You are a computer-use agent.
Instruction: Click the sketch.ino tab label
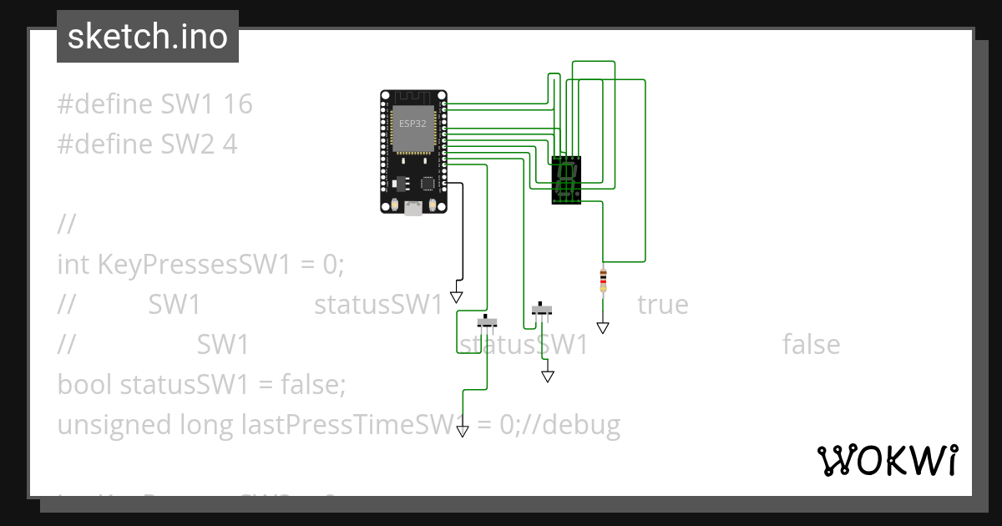(147, 37)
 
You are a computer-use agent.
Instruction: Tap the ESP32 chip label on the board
(411, 124)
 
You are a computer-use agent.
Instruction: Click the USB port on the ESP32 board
(412, 209)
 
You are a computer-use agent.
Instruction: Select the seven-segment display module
(566, 180)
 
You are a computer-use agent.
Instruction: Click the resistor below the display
(603, 281)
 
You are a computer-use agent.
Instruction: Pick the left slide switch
(487, 322)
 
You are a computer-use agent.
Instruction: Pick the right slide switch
(543, 311)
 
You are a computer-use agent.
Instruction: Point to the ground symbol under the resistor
(603, 327)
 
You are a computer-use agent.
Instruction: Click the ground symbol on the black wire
(456, 296)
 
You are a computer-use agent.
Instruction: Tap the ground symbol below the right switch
(548, 377)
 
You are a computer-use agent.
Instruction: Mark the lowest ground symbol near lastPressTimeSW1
(462, 431)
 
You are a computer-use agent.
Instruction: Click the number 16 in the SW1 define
(238, 104)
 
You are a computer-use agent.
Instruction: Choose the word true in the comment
(662, 305)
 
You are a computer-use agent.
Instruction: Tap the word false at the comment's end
(811, 345)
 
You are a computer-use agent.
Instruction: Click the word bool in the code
(84, 385)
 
